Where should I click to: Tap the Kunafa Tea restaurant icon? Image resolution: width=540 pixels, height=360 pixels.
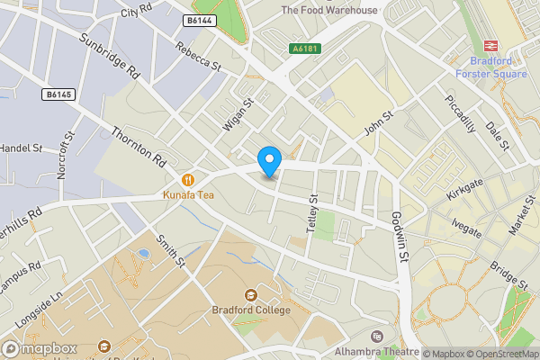tap(189, 178)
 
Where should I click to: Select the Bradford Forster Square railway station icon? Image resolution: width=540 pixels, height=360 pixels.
tap(491, 46)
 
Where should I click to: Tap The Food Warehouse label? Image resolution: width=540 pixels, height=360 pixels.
tap(329, 10)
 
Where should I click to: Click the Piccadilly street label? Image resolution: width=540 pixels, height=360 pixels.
tap(461, 113)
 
